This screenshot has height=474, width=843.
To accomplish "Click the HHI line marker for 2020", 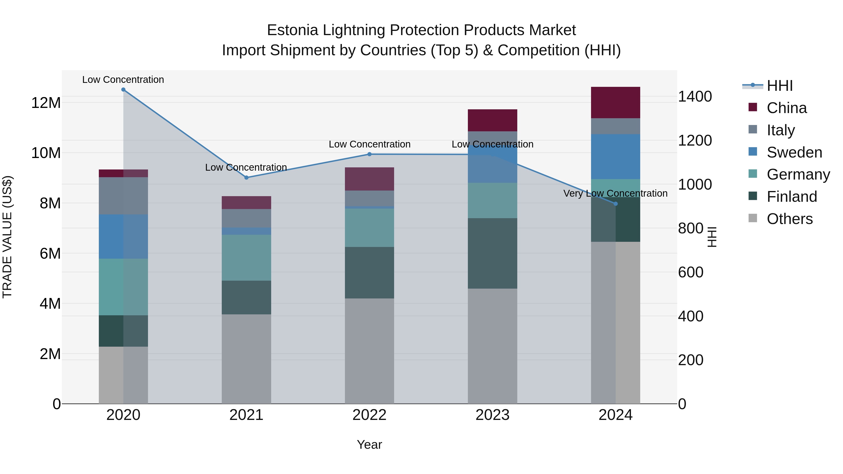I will click(x=123, y=90).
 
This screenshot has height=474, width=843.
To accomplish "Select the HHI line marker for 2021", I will click(x=246, y=178).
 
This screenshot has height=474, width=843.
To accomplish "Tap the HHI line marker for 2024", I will click(x=616, y=204).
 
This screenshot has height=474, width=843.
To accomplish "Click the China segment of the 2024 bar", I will click(x=616, y=102).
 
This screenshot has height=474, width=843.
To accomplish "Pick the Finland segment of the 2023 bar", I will click(x=492, y=253).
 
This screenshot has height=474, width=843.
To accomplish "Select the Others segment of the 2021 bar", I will click(x=246, y=359).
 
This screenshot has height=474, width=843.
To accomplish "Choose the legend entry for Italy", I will click(x=780, y=130).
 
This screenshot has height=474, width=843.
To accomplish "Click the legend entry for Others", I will click(x=789, y=219).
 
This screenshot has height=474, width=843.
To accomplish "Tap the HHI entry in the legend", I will click(x=780, y=86).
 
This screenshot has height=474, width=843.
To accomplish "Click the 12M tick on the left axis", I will click(x=46, y=103).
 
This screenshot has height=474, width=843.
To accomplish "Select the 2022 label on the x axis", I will click(x=370, y=415).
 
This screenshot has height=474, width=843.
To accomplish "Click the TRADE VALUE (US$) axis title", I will click(x=7, y=237).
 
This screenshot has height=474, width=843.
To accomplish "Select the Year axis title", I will click(x=370, y=445).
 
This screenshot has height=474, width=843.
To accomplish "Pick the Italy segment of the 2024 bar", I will click(x=616, y=126).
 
